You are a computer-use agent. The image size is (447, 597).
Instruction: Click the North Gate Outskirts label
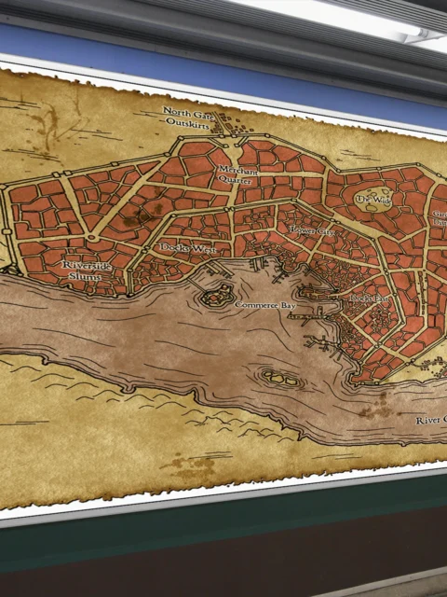(x=190, y=117)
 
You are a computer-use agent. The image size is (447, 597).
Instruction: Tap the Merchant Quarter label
(x=238, y=175)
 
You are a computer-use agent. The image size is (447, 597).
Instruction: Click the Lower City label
(x=312, y=229)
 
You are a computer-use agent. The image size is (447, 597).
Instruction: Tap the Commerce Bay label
(x=264, y=305)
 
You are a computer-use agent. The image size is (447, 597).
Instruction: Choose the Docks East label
(x=370, y=298)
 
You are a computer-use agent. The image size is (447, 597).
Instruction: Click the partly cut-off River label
(x=431, y=421)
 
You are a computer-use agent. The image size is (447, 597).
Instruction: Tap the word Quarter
(x=239, y=181)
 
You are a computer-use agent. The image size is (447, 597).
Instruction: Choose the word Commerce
(x=254, y=305)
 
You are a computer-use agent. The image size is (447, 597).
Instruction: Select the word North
(x=177, y=111)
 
